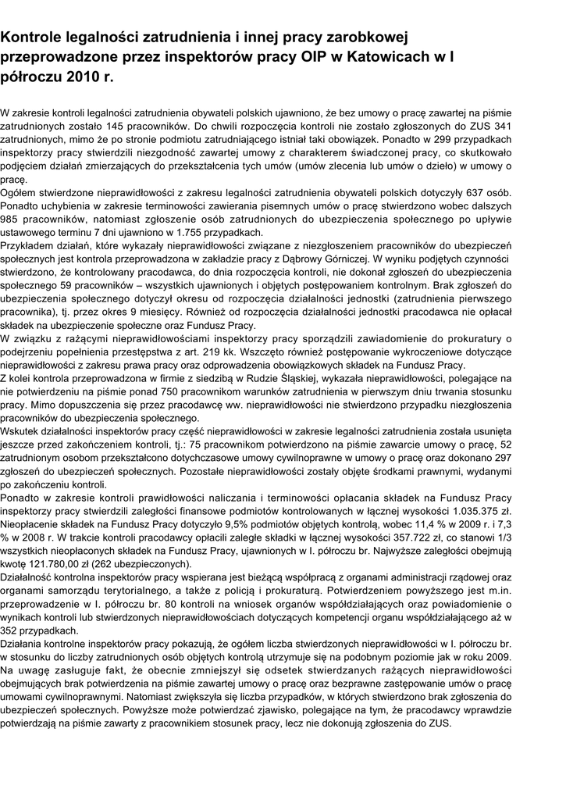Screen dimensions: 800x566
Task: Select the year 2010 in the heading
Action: coord(82,78)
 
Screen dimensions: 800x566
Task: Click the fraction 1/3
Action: coord(503,538)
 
